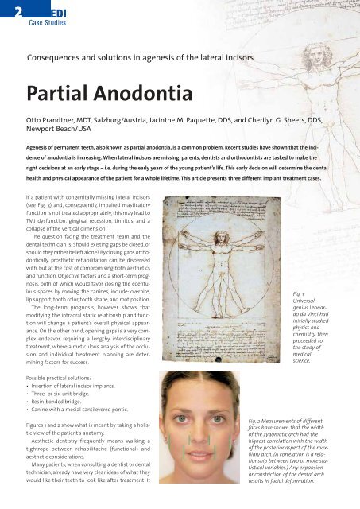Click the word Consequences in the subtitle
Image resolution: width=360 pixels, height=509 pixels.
pos(60,57)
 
